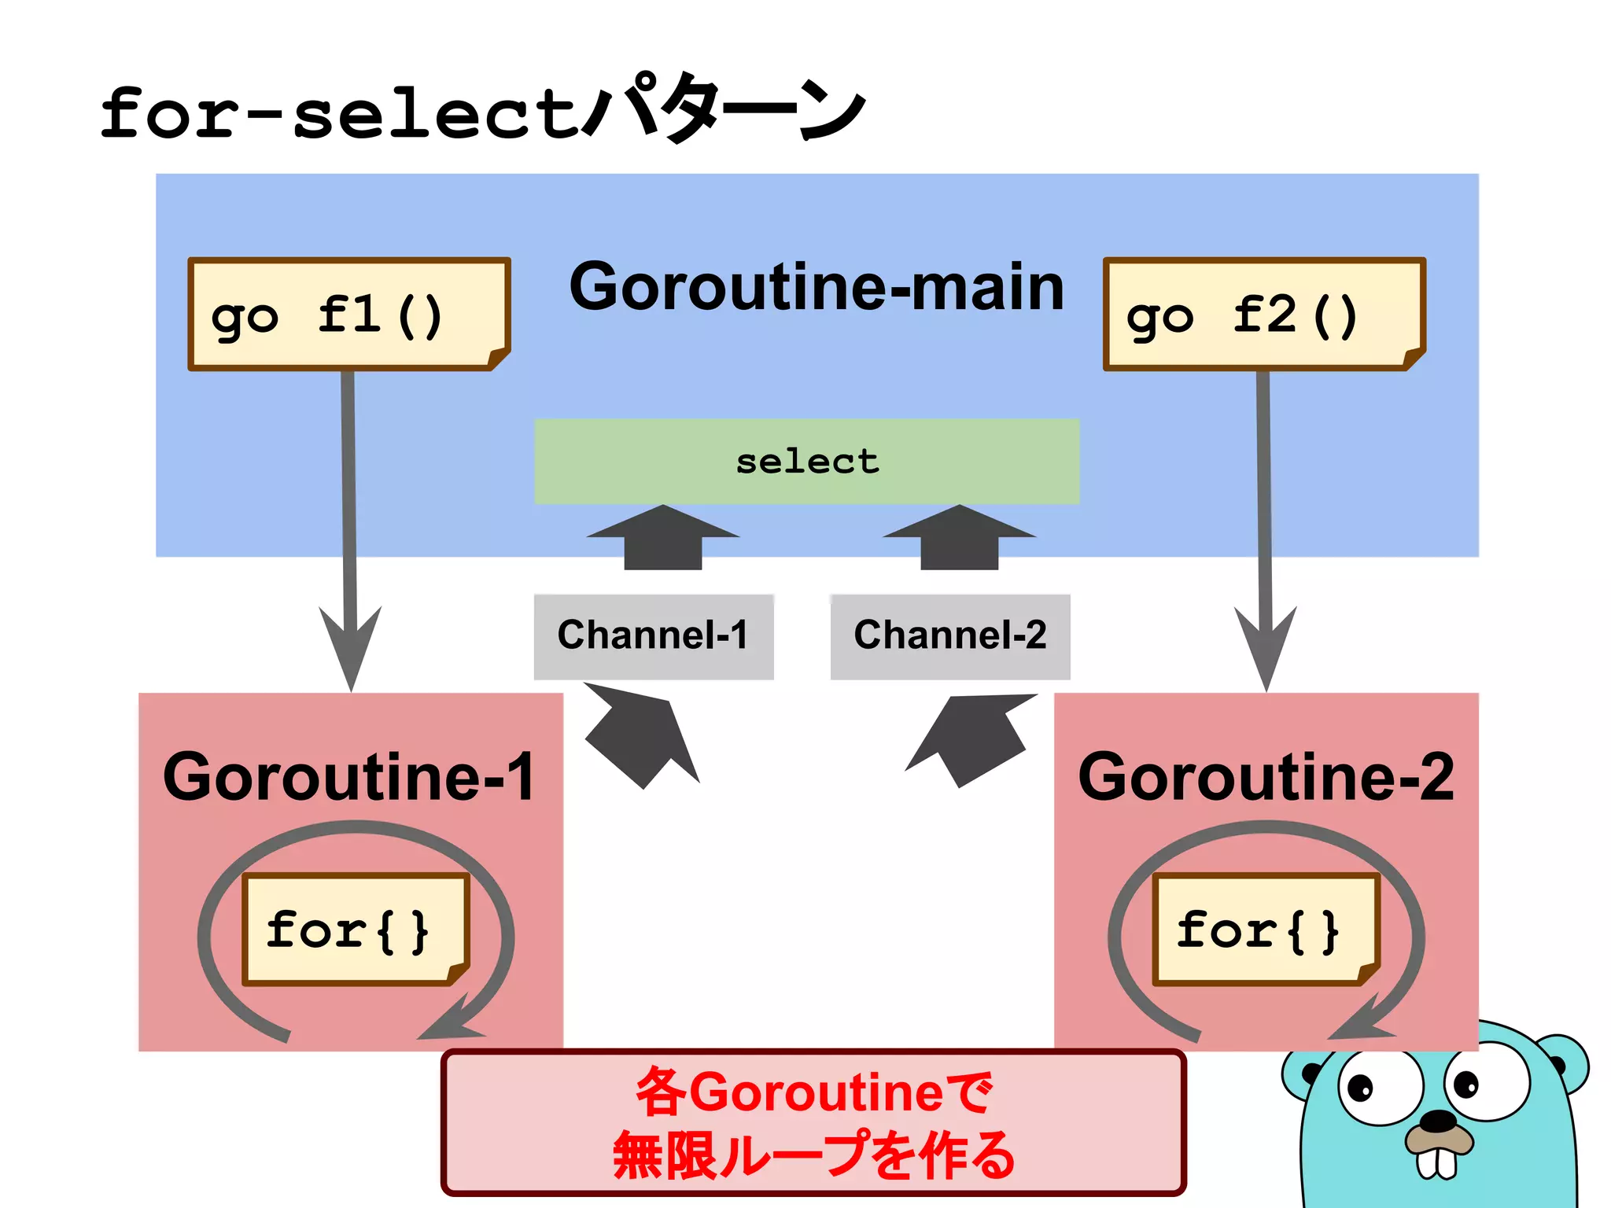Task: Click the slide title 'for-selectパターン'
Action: [x=481, y=110]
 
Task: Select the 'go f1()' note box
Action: [x=348, y=314]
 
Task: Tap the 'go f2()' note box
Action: [x=1263, y=314]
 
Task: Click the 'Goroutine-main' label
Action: [x=816, y=287]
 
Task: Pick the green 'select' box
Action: [x=806, y=461]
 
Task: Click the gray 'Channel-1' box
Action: [x=653, y=635]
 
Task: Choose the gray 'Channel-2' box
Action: [x=949, y=635]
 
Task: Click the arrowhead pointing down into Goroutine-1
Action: [x=351, y=645]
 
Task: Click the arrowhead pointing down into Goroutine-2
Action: [x=1266, y=645]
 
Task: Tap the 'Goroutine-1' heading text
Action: [x=348, y=777]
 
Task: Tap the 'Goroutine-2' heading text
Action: [x=1265, y=777]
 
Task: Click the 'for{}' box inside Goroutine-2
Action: [x=1265, y=930]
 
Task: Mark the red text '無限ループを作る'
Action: [x=813, y=1155]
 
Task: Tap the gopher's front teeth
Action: [x=1437, y=1163]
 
